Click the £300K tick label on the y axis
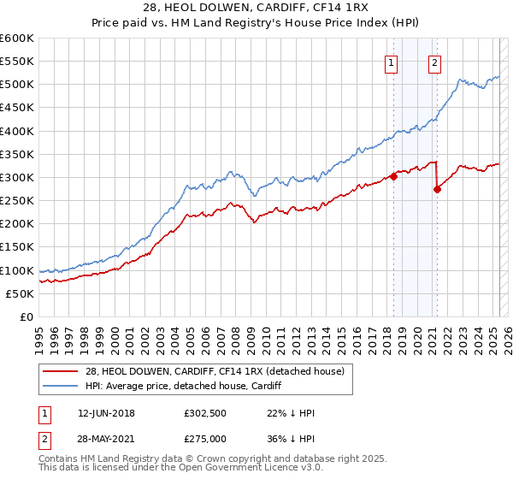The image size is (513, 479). [x=18, y=177]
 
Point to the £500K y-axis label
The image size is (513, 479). [x=18, y=85]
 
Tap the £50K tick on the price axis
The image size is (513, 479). [x=21, y=293]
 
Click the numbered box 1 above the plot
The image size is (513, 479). [x=391, y=62]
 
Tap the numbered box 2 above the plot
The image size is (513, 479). [x=435, y=62]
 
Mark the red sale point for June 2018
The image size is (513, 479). [x=394, y=176]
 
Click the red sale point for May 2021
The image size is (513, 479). [x=438, y=190]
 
